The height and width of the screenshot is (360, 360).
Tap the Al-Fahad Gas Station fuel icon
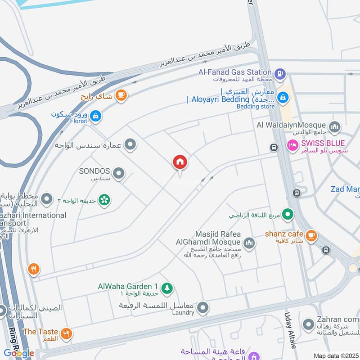click(280, 72)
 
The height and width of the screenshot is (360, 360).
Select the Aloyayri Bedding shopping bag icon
click(283, 96)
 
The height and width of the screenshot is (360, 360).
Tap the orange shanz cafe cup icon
click(311, 235)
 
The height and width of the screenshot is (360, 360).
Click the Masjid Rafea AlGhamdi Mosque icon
click(249, 244)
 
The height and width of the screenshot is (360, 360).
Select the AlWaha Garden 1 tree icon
click(167, 288)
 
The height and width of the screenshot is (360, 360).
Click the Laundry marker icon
click(203, 308)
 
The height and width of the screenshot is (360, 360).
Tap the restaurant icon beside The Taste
click(67, 334)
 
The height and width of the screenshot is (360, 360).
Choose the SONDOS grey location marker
click(119, 173)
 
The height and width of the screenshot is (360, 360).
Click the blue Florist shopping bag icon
click(95, 117)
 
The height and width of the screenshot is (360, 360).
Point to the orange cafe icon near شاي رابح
click(121, 95)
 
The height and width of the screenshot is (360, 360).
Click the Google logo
click(19, 353)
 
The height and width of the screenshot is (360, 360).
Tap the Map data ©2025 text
click(336, 355)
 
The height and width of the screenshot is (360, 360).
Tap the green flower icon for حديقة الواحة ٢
click(104, 199)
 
